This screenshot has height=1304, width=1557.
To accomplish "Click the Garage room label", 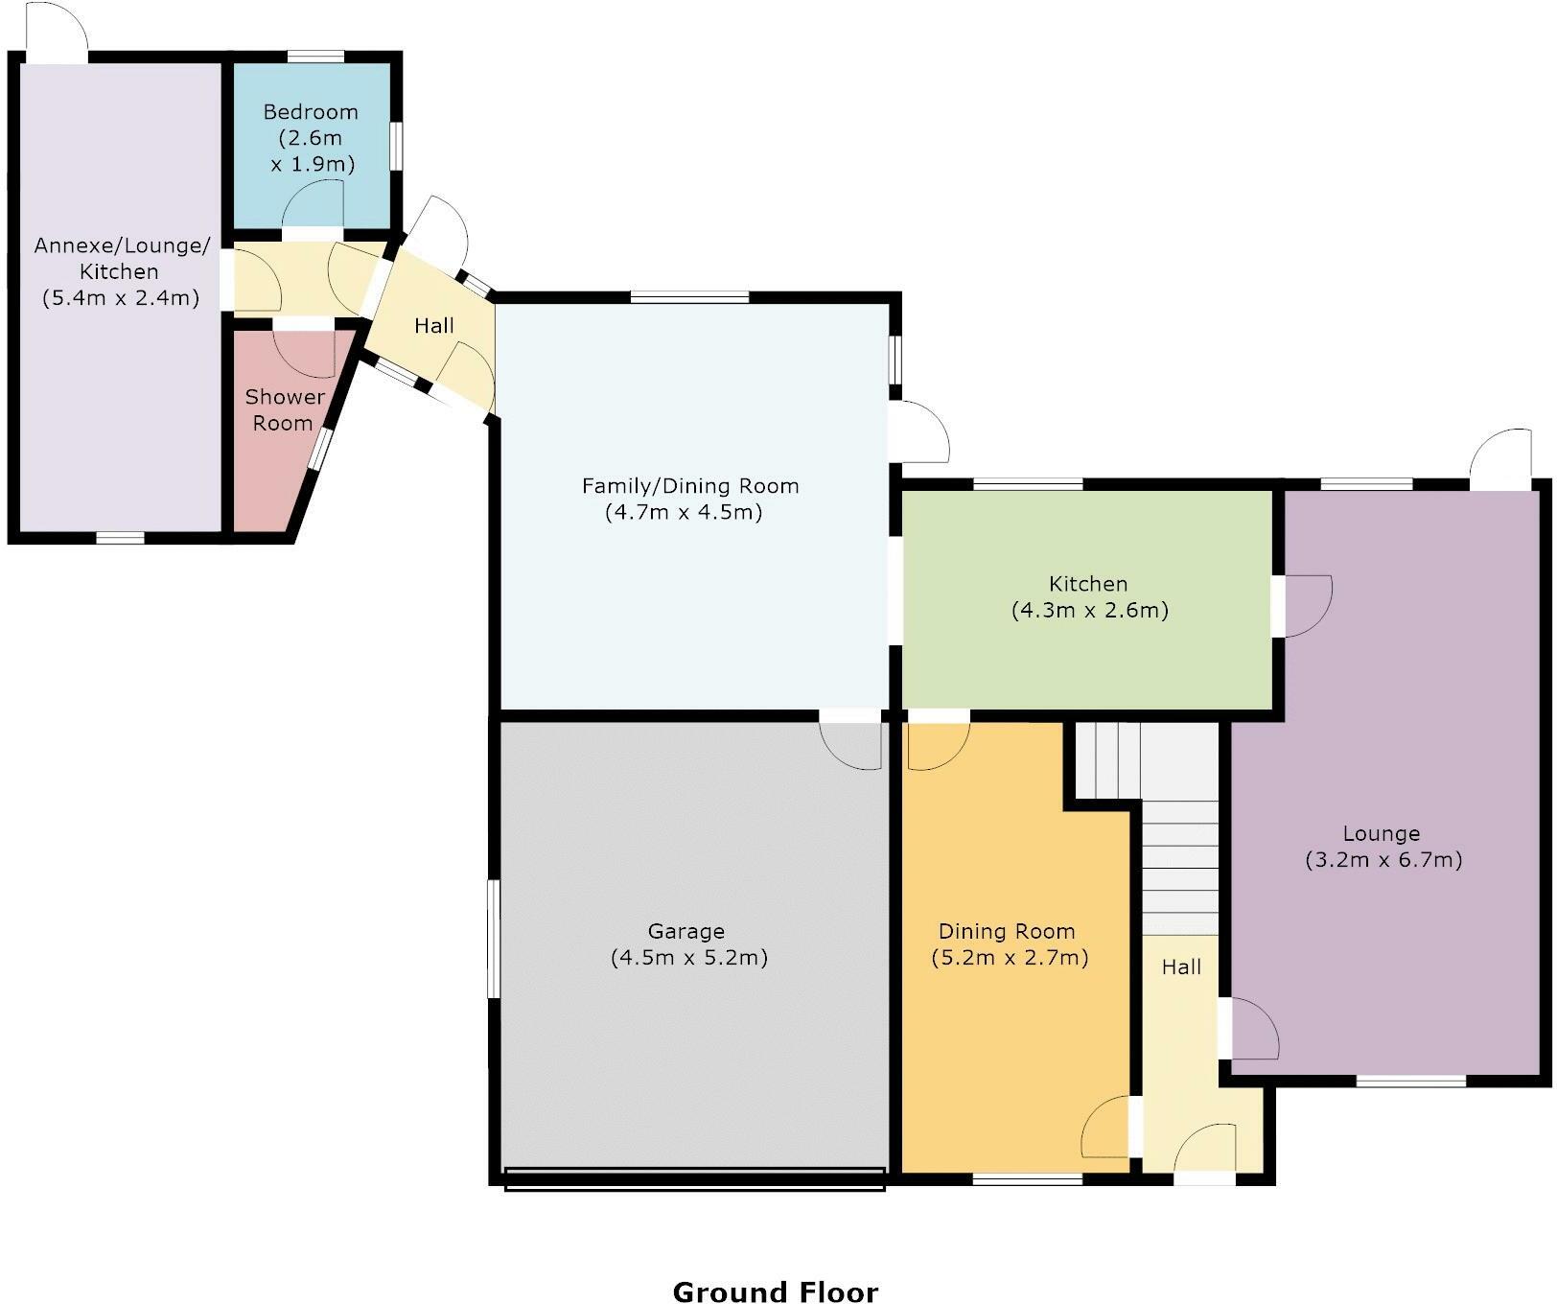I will [x=686, y=931].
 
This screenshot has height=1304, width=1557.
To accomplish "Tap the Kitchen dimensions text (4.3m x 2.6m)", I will [x=1089, y=610].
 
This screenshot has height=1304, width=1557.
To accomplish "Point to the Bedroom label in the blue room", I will [x=311, y=112].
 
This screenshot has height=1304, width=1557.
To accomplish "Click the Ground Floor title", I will [x=775, y=1292].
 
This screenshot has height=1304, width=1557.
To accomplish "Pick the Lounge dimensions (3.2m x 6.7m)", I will [x=1383, y=859].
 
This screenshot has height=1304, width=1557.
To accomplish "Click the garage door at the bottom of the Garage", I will [x=694, y=1178].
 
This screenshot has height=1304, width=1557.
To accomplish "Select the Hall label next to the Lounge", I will [x=1181, y=967].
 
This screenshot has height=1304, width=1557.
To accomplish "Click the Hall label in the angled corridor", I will [x=433, y=326].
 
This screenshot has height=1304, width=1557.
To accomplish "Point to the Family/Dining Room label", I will [x=690, y=486].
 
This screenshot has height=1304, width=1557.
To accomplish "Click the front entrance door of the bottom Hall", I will [x=1206, y=1150].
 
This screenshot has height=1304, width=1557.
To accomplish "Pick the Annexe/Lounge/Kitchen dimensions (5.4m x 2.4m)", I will [x=121, y=297].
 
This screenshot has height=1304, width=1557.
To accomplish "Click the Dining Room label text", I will [x=1007, y=931].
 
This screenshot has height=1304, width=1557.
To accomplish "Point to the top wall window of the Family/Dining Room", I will [x=689, y=297].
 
